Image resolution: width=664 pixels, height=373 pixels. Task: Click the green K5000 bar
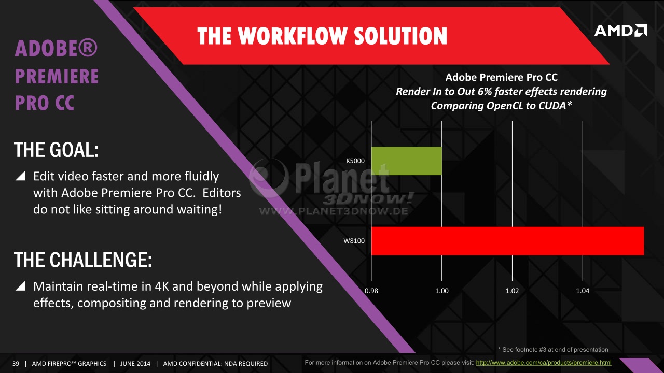tap(407, 161)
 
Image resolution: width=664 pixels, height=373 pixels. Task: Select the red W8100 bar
tap(508, 241)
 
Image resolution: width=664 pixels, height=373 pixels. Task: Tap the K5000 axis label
tap(355, 161)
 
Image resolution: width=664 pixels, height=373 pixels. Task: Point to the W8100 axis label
tap(354, 241)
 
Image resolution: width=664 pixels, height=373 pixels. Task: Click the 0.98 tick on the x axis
tap(371, 291)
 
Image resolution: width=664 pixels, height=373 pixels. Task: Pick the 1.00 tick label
tap(441, 291)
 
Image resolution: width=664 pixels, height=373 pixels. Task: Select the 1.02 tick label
tap(512, 291)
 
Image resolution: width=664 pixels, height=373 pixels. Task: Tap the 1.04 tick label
tap(583, 291)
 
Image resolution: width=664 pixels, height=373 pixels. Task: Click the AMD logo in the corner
tap(621, 31)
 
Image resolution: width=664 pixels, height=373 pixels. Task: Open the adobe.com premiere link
tap(544, 363)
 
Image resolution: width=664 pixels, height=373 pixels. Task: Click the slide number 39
tap(16, 364)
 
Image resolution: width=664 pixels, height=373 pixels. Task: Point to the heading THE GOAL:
tap(56, 150)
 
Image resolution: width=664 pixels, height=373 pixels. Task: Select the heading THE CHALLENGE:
tap(82, 260)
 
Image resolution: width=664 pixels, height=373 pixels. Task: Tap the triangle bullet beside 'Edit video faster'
tap(21, 176)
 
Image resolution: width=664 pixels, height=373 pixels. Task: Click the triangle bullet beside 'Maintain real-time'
tap(21, 285)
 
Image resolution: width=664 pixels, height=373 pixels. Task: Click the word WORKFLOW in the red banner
tap(293, 36)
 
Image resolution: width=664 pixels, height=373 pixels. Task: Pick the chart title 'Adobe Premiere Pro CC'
tap(501, 77)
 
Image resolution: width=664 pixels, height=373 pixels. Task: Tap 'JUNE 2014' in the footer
tap(135, 364)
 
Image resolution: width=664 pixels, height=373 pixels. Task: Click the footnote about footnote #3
tap(553, 350)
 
